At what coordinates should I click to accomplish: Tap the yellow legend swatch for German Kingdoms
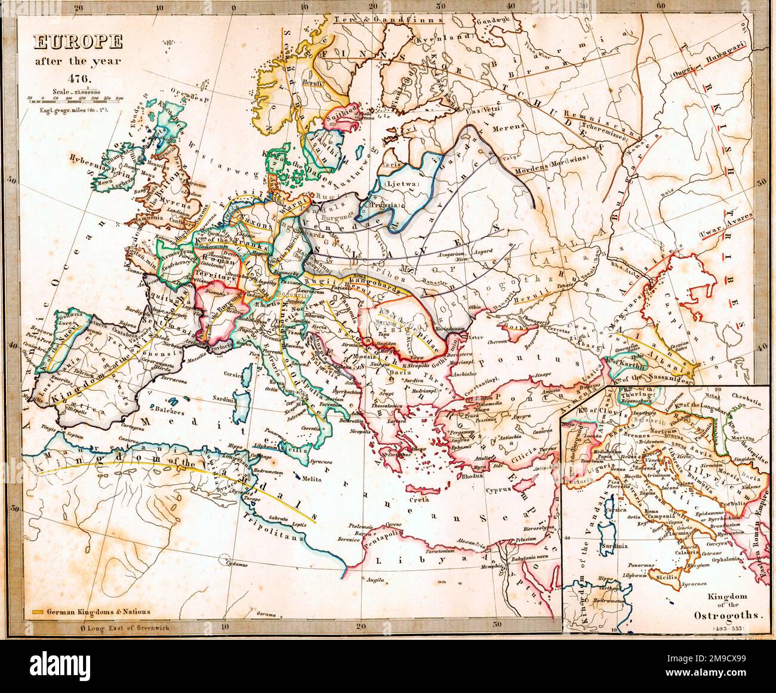[37, 612]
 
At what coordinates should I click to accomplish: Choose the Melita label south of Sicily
[312, 479]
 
